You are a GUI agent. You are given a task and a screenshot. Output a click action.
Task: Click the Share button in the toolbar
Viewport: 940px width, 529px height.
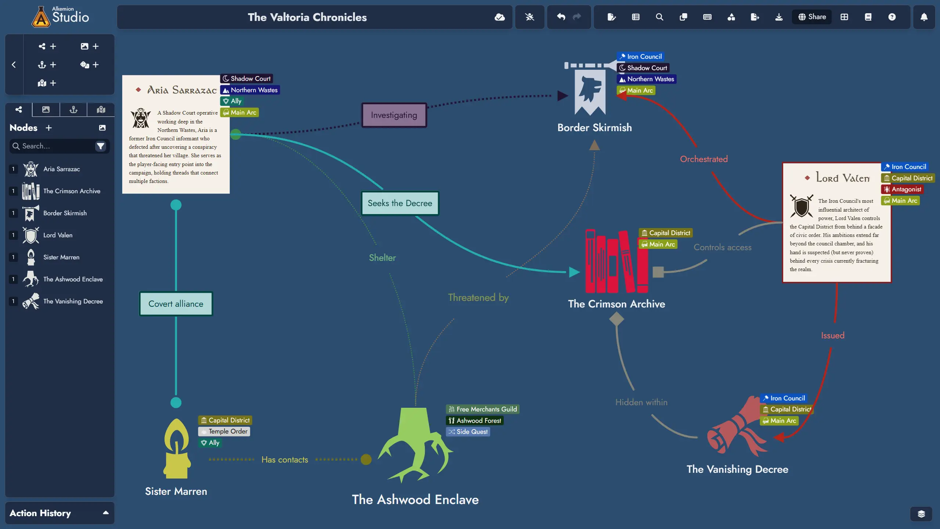812,17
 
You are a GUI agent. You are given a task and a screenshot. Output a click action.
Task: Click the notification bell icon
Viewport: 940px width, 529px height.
924,17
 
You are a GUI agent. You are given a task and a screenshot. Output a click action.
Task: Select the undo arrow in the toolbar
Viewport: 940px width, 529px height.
561,17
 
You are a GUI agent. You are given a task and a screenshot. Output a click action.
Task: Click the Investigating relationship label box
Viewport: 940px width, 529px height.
394,115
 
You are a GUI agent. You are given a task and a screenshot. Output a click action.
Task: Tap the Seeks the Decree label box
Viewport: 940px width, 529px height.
400,203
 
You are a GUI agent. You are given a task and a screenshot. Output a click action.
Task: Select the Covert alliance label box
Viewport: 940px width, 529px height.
176,304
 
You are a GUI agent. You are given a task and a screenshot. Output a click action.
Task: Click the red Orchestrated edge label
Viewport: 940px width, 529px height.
704,159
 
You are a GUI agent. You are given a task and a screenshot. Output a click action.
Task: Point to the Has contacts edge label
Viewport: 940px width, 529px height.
285,460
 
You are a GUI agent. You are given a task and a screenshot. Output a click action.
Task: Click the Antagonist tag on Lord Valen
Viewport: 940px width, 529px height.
902,189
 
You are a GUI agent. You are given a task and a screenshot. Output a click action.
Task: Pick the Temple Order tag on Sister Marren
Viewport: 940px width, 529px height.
224,431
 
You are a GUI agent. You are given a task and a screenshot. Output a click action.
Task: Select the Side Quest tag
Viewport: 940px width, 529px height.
468,432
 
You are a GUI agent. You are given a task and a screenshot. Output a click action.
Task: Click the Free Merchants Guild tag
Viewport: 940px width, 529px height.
482,409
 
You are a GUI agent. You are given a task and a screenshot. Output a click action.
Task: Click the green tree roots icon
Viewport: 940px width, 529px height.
415,445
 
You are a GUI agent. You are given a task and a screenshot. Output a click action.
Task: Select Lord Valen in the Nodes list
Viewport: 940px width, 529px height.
58,235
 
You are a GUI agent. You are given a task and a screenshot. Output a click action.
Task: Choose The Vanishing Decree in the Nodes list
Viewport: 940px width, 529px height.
73,301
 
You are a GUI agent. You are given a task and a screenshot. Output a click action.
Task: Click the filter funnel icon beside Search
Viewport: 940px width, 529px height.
100,146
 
